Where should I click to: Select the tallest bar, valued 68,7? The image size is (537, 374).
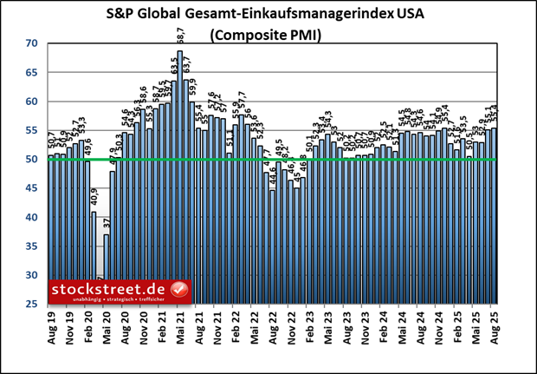coord(179,174)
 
